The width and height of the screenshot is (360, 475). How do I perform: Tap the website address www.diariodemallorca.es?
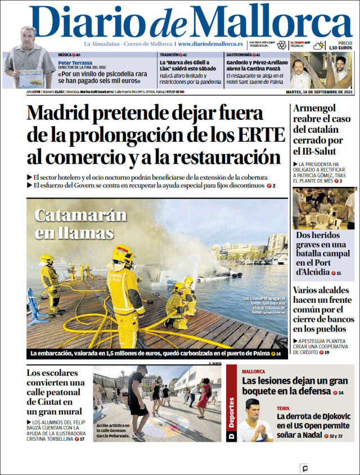click(x=210, y=44)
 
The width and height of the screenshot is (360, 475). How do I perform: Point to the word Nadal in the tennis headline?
click(x=317, y=435)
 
